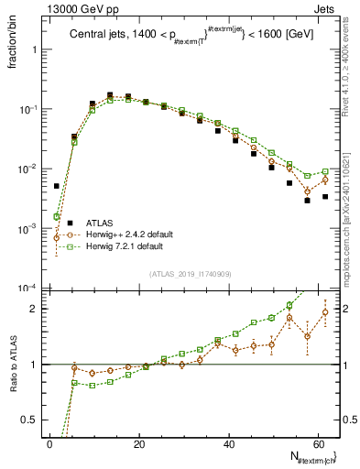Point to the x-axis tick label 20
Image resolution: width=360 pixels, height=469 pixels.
pyautogui.click(x=138, y=443)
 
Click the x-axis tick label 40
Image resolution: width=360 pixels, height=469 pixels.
pyautogui.click(x=228, y=443)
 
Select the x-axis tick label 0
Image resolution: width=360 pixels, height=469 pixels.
pyautogui.click(x=49, y=443)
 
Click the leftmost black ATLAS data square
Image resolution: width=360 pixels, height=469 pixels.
pyautogui.click(x=57, y=186)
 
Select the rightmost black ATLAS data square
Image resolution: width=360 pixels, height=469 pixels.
pyautogui.click(x=325, y=196)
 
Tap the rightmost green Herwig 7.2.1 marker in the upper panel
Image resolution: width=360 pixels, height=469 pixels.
pyautogui.click(x=325, y=171)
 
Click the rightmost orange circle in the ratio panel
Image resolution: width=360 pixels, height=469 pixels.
pyautogui.click(x=325, y=312)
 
